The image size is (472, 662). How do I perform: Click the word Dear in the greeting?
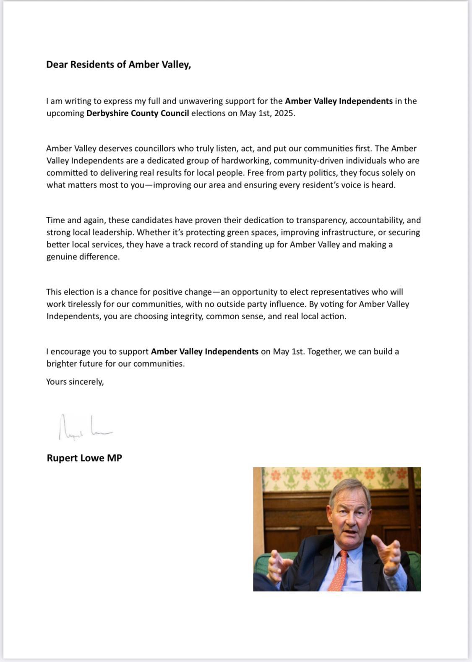pyautogui.click(x=57, y=65)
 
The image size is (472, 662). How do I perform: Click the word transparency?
pyautogui.click(x=321, y=220)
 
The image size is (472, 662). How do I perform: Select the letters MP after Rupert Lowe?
pyautogui.click(x=115, y=458)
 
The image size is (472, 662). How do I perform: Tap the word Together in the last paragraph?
pyautogui.click(x=325, y=352)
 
